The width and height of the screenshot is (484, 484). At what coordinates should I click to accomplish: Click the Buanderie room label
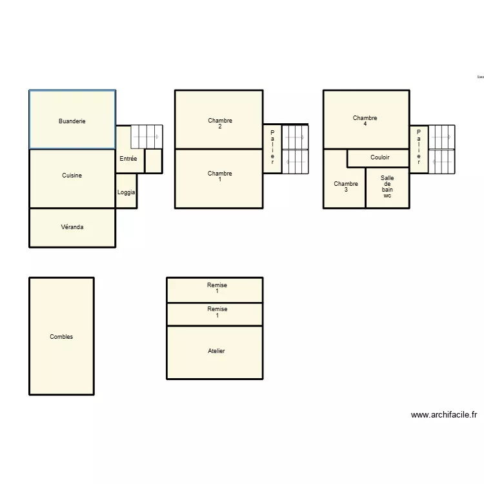[x=72, y=121]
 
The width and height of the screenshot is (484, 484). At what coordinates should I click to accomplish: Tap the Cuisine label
[x=72, y=176]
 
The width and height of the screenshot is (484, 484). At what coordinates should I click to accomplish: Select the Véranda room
[x=72, y=227]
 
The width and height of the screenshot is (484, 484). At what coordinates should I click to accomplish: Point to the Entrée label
[x=128, y=158]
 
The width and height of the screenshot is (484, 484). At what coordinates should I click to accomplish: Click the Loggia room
[x=126, y=192]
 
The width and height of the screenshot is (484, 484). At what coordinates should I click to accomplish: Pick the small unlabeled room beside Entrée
[x=153, y=161]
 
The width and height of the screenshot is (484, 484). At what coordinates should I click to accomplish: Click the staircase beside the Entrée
[x=146, y=137]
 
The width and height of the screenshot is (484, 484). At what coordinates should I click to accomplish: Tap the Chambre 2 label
[x=220, y=123]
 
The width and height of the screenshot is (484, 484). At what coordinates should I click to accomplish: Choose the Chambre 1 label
[x=220, y=176]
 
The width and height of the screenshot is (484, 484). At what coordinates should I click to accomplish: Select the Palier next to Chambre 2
[x=272, y=148]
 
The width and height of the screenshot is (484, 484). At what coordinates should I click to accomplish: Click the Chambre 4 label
[x=365, y=121]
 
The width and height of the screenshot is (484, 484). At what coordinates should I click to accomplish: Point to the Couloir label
[x=379, y=157]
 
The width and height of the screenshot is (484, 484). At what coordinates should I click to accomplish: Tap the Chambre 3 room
[x=345, y=187]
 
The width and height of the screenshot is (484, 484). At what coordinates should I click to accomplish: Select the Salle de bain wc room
[x=387, y=187]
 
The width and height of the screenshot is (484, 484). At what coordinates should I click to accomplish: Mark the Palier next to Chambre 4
[x=418, y=148]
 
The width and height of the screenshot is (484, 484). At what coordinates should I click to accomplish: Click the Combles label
[x=61, y=337]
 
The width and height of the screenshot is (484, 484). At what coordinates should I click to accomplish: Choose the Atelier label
[x=216, y=351]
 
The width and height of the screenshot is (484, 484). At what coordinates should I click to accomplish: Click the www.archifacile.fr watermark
[x=443, y=415]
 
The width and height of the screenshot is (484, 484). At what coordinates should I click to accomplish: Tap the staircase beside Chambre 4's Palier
[x=442, y=148]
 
